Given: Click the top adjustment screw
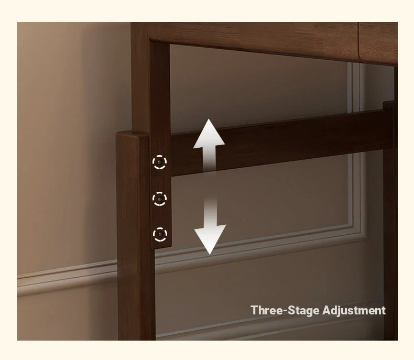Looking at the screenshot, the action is (x=159, y=162).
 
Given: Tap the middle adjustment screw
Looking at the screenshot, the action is (x=159, y=199).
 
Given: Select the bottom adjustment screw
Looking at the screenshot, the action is (x=160, y=234).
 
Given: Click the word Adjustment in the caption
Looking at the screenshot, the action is (x=354, y=310).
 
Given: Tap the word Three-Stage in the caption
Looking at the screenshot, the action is (x=285, y=310).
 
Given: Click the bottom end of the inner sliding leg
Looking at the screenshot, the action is (x=161, y=246).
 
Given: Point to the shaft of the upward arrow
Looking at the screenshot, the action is (x=209, y=158).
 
